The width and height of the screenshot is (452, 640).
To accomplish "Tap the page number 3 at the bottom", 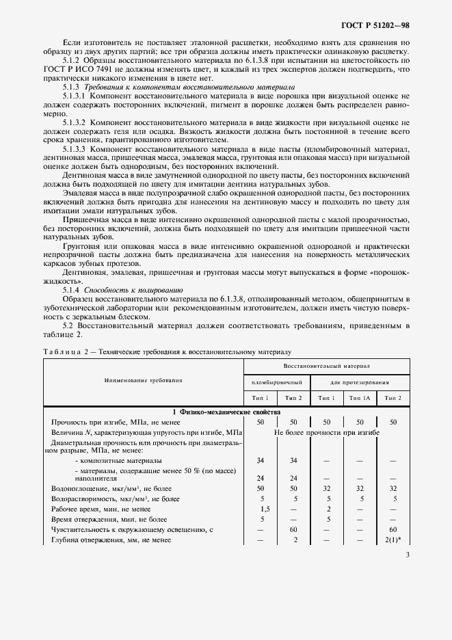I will point(407,555).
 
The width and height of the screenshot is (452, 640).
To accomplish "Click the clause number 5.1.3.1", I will point(75,96).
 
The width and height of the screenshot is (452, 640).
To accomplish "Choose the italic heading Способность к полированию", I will point(124,290).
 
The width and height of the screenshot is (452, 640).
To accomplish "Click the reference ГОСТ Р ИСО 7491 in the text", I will point(73,70).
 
